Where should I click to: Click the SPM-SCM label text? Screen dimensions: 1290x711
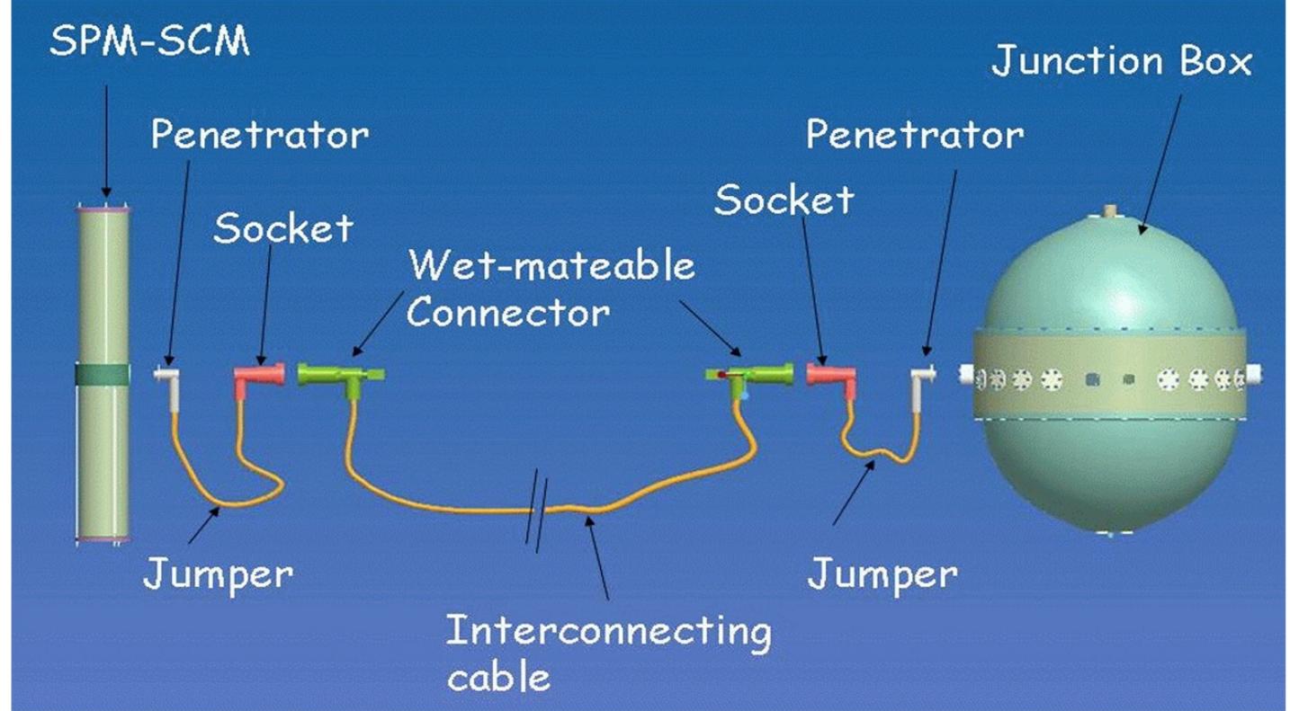click(149, 40)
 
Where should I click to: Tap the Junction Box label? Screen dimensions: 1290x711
click(1121, 61)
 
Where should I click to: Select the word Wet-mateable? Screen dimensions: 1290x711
click(551, 265)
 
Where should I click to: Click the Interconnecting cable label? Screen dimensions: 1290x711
click(608, 653)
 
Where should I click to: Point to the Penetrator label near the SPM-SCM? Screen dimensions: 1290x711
click(260, 135)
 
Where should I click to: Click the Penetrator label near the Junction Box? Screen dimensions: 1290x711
click(915, 135)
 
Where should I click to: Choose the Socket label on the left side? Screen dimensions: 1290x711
click(282, 227)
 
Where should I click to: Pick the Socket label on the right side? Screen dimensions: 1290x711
click(784, 200)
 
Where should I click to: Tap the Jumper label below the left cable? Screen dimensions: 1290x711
click(219, 575)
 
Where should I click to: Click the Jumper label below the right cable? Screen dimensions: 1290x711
click(882, 575)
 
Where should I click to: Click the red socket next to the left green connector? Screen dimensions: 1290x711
click(258, 378)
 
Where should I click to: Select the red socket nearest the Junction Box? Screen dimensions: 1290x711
click(831, 378)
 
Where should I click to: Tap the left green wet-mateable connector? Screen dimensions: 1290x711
click(341, 378)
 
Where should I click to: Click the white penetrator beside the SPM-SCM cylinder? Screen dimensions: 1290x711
click(167, 387)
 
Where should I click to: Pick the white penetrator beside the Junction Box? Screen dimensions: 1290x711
click(923, 387)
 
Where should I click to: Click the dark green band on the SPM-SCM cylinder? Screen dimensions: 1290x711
click(103, 375)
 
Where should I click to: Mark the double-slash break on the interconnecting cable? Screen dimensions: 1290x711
click(537, 510)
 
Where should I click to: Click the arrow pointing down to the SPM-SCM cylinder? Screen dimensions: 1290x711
click(106, 141)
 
